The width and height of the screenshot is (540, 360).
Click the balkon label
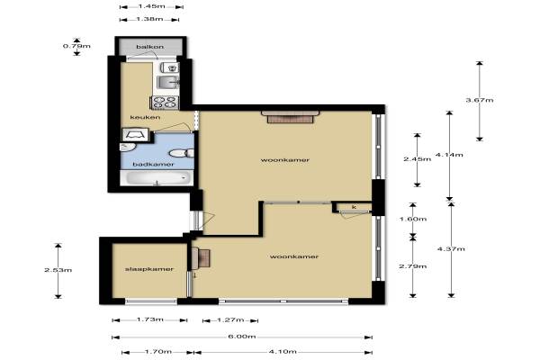click(149, 47)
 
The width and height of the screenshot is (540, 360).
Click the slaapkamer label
click(149, 269)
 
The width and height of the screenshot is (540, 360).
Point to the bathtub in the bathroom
click(157, 178)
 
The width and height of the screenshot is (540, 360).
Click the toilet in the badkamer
click(182, 153)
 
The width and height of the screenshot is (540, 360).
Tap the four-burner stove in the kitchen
click(165, 103)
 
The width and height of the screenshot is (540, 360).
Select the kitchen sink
click(167, 82)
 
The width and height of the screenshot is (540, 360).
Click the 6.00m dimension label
click(242, 337)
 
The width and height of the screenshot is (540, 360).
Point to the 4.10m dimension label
click(283, 352)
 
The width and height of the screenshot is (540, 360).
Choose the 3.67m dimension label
click(480, 100)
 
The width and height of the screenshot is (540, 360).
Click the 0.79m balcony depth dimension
click(76, 46)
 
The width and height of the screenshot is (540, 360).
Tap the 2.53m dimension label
click(58, 270)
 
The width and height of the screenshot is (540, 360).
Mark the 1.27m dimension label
click(230, 320)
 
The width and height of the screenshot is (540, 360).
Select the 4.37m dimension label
click(451, 249)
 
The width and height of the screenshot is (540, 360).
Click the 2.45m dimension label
click(417, 159)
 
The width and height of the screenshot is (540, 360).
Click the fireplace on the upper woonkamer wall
click(290, 117)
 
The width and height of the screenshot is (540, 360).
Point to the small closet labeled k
click(354, 207)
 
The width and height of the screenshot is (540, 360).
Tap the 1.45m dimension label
click(151, 6)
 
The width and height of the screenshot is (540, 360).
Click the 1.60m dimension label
click(412, 219)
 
